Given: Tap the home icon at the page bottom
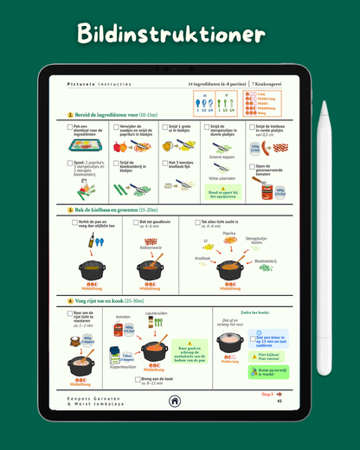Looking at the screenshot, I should [175, 401].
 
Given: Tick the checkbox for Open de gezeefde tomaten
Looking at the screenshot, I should [253, 167].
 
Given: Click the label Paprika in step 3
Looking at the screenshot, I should [228, 233].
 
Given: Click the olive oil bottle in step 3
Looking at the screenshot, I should [89, 245].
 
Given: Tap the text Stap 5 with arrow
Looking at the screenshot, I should [270, 394].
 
